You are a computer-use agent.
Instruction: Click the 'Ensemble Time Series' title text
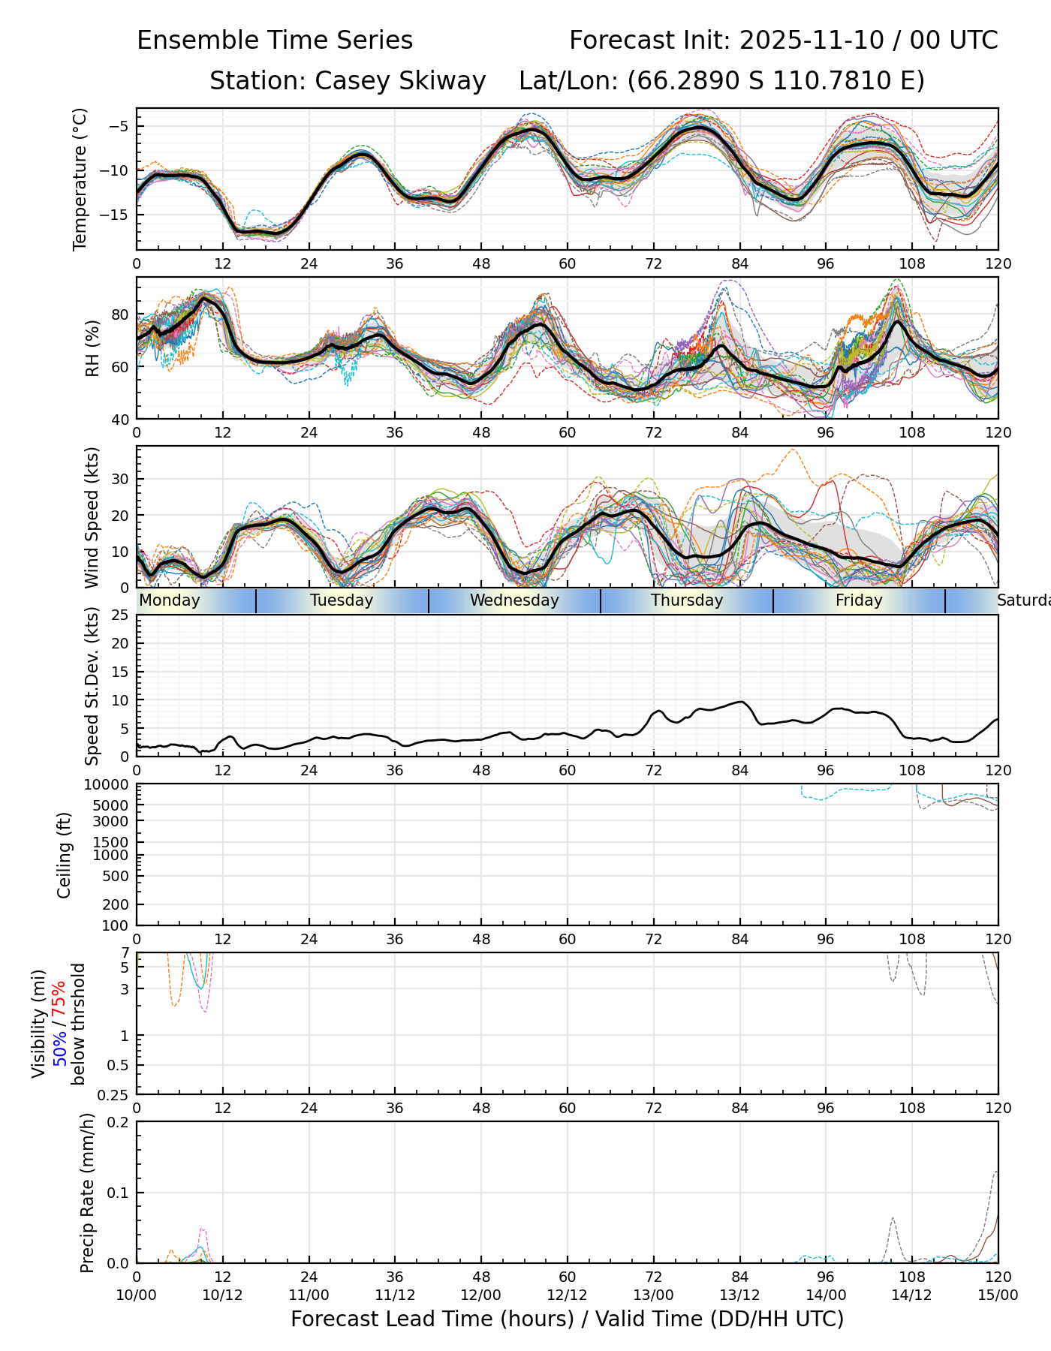[275, 41]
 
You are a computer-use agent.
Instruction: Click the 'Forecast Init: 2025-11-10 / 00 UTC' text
[783, 41]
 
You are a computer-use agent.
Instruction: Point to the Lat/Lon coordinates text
[721, 81]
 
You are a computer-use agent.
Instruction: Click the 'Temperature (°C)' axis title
[80, 179]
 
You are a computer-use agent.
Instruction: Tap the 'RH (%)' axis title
[92, 348]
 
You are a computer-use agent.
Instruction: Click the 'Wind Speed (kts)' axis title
[92, 517]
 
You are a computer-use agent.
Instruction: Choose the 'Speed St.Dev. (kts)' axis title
[92, 686]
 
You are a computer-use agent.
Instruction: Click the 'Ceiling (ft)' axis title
[65, 855]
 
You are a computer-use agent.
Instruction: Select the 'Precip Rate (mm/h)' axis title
[88, 1193]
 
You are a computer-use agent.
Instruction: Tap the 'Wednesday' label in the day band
[514, 600]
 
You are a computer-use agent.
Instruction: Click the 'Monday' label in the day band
[170, 600]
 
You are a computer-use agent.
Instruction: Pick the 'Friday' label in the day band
[859, 600]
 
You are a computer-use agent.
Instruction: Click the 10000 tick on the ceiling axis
[107, 785]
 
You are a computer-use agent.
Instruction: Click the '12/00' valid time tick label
[481, 1295]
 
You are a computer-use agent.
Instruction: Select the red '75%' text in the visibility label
[59, 997]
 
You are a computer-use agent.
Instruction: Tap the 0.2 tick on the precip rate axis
[119, 1122]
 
